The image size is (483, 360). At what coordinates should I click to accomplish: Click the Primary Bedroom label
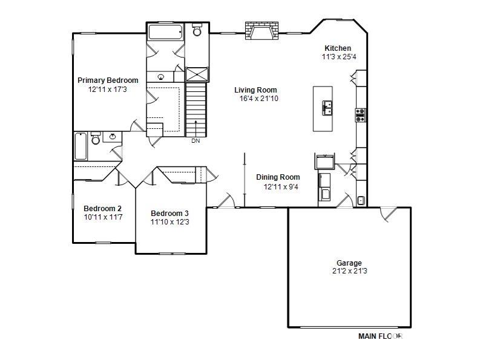[x=108, y=80]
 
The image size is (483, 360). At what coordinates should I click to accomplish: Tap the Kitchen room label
[x=338, y=48]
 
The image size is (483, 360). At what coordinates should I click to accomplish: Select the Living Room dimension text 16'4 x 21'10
[x=259, y=99]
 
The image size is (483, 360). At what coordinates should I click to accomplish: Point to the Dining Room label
[x=278, y=177]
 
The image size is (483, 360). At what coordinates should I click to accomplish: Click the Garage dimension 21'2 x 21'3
[x=350, y=271]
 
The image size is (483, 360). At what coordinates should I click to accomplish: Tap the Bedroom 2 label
[x=102, y=209]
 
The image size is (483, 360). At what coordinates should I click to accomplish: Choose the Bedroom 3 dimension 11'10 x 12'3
[x=169, y=222]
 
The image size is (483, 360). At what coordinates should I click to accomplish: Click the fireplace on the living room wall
[x=262, y=30]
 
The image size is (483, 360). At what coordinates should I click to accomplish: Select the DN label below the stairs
[x=195, y=141]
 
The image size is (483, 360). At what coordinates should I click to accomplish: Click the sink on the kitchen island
[x=327, y=108]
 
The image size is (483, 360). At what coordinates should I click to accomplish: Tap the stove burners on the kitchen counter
[x=360, y=115]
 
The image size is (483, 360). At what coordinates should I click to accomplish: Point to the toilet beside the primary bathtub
[x=197, y=30]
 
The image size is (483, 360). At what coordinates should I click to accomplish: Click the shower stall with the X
[x=197, y=75]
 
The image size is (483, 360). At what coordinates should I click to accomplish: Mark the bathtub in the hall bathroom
[x=80, y=146]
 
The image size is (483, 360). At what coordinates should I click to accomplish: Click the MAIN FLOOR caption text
[x=381, y=336]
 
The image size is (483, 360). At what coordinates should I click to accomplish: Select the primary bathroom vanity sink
[x=161, y=77]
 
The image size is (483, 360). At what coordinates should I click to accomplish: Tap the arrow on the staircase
[x=196, y=128]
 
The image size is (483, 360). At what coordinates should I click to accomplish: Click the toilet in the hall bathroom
[x=96, y=139]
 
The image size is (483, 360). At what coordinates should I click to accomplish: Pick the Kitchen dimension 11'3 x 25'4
[x=339, y=57]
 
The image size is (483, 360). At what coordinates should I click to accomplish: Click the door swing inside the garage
[x=388, y=214]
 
